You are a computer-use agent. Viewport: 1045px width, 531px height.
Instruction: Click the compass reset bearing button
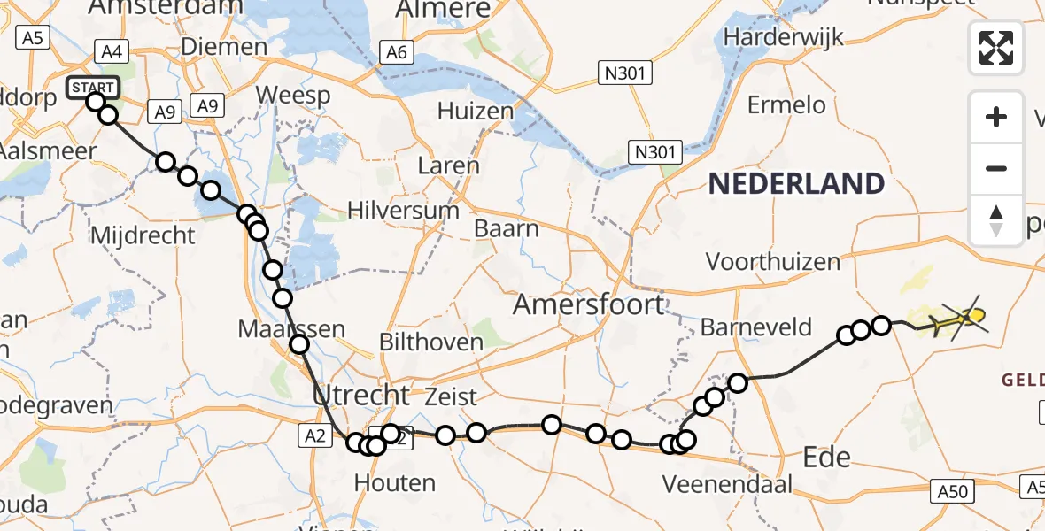pos(996,219)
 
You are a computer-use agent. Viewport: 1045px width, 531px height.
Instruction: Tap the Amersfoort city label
pos(588,305)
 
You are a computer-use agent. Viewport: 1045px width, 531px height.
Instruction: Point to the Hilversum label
pos(403,211)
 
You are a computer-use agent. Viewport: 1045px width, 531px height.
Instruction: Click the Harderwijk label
pos(784,37)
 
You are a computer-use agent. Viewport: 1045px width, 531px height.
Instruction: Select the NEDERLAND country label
pos(796,184)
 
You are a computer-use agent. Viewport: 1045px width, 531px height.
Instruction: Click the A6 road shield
pos(396,53)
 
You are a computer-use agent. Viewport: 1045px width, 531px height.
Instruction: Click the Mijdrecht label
pos(143,235)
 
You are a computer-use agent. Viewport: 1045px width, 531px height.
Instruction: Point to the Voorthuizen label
pos(772,262)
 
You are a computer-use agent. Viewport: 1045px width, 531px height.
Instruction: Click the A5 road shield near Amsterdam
pos(34,38)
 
